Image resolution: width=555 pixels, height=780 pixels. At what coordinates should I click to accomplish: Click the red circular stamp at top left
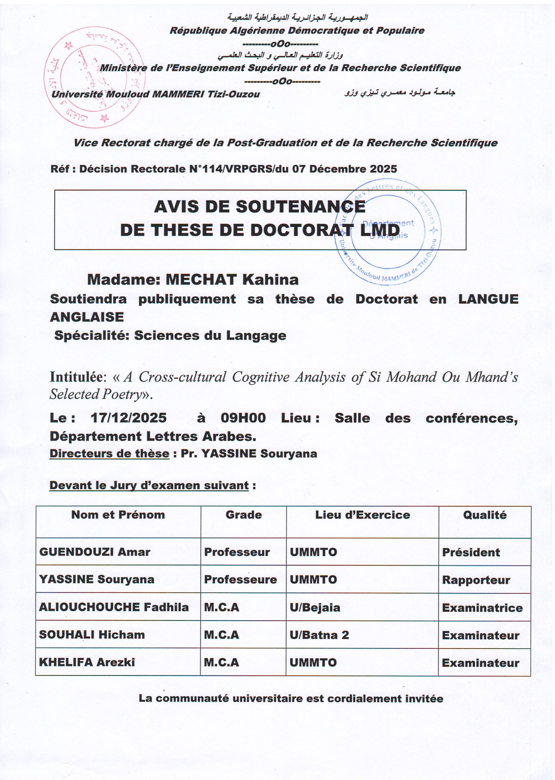point(94,77)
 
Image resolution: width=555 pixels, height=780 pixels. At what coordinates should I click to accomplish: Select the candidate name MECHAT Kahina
point(232,280)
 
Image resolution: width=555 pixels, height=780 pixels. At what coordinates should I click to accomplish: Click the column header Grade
point(244,515)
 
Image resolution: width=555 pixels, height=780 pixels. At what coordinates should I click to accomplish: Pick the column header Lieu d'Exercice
point(362,515)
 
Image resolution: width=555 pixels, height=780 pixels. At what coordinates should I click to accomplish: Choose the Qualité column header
point(485,515)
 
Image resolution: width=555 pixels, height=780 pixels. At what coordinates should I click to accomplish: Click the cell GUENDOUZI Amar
point(95,552)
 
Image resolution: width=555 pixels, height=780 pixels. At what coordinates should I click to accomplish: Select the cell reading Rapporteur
point(476,580)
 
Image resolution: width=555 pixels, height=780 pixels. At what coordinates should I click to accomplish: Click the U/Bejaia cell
point(315,607)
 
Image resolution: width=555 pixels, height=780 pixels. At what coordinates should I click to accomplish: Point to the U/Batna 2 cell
point(319,635)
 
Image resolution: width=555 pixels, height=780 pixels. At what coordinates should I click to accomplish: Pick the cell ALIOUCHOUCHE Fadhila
point(114,607)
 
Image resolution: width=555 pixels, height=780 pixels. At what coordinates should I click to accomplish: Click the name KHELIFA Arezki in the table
point(87,662)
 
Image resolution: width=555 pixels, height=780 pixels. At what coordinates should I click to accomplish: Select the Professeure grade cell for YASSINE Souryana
point(240,579)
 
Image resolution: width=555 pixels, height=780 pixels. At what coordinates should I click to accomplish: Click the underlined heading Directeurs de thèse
point(109,454)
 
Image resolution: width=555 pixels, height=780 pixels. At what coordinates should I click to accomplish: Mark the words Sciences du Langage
point(210,335)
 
